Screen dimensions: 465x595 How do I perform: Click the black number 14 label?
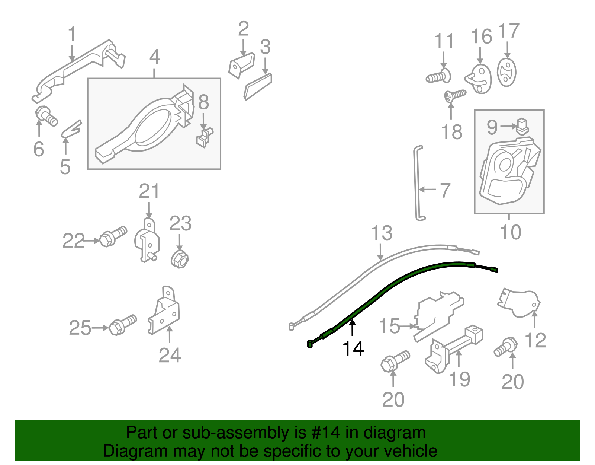353,349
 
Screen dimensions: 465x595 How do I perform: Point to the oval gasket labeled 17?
506,72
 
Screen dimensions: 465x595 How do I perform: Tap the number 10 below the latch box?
511,232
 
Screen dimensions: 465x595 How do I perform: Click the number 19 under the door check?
460,379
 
